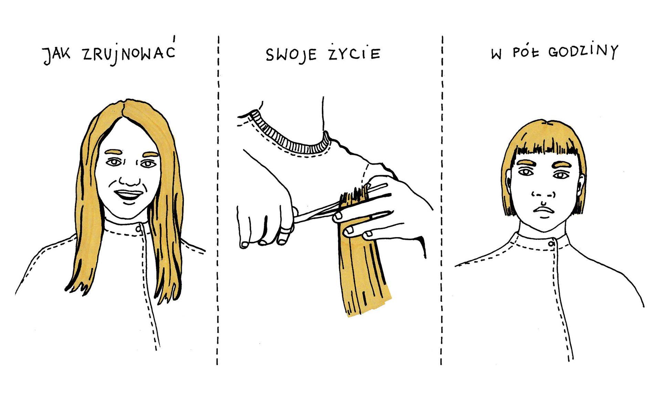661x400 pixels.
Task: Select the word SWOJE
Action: pos(292,55)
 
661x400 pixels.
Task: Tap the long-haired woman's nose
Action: pos(129,180)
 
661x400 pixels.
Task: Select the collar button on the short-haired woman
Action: pos(552,244)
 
